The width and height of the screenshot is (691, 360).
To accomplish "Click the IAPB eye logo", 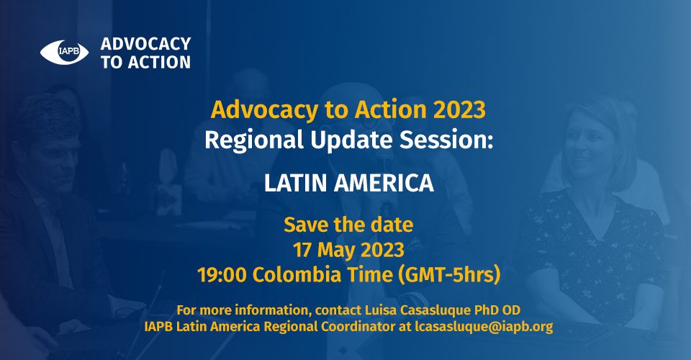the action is tap(64, 53).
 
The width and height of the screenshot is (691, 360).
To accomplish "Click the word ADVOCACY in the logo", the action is tap(146, 44).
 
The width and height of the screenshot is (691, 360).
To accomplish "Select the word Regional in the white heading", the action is tap(254, 140).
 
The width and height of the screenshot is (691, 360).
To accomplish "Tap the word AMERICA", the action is tap(384, 183).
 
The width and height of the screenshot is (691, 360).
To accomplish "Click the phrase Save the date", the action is tap(348, 225).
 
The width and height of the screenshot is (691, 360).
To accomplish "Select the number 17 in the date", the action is tap(302, 250).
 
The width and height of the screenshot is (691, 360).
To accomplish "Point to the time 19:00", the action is tap(222, 275).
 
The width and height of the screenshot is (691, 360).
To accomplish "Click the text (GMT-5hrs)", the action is tap(449, 275).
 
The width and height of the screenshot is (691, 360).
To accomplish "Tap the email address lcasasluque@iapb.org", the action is tap(484, 327).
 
